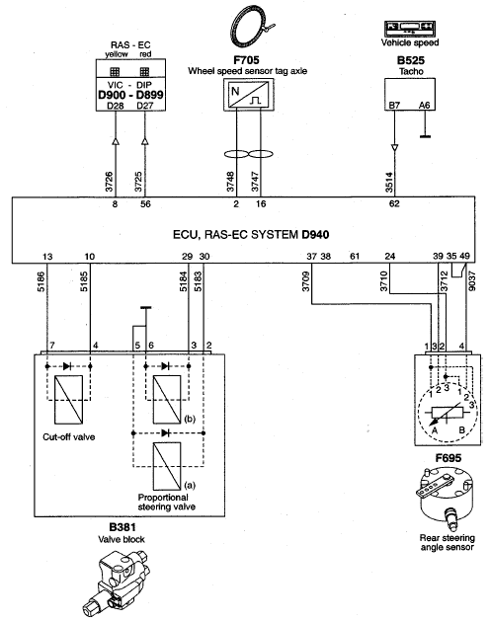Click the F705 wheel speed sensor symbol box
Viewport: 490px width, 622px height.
click(x=249, y=95)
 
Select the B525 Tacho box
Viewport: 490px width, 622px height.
click(x=410, y=94)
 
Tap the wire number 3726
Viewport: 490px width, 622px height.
click(x=110, y=182)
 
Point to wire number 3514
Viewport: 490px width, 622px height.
click(x=389, y=182)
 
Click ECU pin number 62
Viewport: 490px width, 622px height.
click(x=394, y=204)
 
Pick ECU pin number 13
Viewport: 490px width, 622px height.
click(x=47, y=257)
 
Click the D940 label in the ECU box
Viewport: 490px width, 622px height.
click(x=315, y=234)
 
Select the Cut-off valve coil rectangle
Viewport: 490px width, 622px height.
click(x=69, y=400)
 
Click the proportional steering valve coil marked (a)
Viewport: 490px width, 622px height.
click(x=167, y=466)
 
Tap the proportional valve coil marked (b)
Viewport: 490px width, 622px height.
click(x=167, y=400)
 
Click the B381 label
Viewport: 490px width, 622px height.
click(x=122, y=527)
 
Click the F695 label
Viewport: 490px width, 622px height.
click(x=448, y=458)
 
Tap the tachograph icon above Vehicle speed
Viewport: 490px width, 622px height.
click(x=410, y=29)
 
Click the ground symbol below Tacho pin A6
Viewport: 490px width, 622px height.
click(x=425, y=137)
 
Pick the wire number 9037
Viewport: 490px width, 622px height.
click(x=472, y=280)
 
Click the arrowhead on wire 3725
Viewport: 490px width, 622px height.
click(x=145, y=141)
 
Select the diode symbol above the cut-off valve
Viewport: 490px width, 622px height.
click(x=68, y=366)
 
